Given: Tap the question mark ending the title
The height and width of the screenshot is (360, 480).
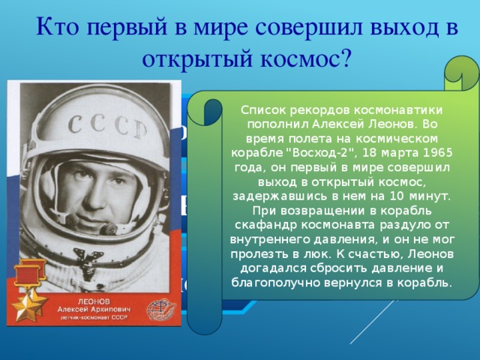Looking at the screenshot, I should pos(344,58).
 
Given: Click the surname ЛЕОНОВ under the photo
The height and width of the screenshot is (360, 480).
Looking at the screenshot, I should pos(81,298).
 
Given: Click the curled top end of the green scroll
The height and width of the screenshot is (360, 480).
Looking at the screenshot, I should pos(458,71).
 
